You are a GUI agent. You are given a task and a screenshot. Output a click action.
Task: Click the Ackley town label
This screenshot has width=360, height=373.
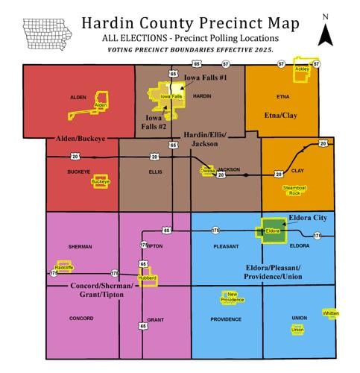(x=302, y=69)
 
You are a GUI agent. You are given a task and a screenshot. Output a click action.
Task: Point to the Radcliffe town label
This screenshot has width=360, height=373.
(x=64, y=267)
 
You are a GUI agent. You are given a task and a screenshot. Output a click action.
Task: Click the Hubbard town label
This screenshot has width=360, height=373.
(x=145, y=278)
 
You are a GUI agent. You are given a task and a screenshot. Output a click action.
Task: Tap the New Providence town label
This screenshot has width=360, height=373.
(x=232, y=297)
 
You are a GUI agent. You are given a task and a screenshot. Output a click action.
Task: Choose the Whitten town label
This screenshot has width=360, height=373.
(x=331, y=313)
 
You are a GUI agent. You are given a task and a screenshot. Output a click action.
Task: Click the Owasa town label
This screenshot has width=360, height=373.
(x=207, y=171)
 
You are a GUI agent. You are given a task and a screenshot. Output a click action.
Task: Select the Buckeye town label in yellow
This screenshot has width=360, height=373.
(x=101, y=181)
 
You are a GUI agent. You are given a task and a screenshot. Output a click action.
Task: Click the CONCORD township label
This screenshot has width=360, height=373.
(x=80, y=319)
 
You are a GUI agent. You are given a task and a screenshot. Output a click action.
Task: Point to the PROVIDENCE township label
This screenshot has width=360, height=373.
(x=226, y=319)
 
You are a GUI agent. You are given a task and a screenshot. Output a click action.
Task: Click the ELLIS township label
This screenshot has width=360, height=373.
(x=155, y=170)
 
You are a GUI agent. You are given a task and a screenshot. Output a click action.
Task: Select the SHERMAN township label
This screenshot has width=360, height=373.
(x=80, y=245)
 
